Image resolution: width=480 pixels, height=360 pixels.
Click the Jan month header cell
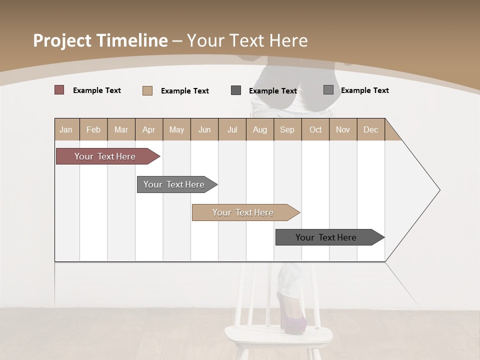[x=66, y=129]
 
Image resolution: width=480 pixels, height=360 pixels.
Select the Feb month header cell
[x=93, y=129]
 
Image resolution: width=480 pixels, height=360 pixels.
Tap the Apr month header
[x=149, y=129]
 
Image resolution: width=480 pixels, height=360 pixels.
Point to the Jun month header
[x=204, y=129]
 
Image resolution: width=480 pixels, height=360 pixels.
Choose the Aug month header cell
[x=260, y=129]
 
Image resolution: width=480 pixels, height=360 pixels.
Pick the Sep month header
[x=287, y=129]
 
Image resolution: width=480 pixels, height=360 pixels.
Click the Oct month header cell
[x=315, y=129]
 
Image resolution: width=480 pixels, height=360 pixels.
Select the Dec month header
[x=371, y=129]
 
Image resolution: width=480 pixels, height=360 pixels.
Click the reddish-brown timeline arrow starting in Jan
[x=105, y=156]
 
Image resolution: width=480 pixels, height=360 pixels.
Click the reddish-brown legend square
[x=59, y=90]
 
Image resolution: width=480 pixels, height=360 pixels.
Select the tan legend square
[x=147, y=90]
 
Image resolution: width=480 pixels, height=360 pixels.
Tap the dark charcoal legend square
[x=236, y=90]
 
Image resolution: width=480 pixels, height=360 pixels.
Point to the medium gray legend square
[x=328, y=90]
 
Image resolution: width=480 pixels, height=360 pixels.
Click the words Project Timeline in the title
[x=100, y=40]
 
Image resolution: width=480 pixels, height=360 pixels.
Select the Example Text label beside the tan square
[x=185, y=91]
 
